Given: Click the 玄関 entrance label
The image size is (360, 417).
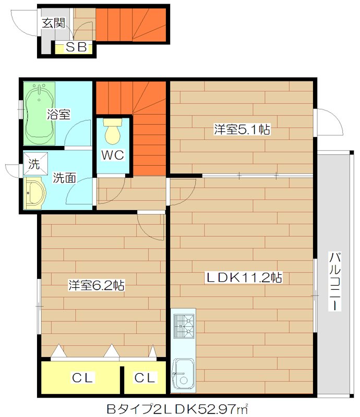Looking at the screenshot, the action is click(54, 23).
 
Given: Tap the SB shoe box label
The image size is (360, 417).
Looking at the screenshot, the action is click(76, 47).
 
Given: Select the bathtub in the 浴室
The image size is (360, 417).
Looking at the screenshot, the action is click(39, 114).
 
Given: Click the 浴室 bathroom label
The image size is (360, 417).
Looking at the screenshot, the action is click(58, 115).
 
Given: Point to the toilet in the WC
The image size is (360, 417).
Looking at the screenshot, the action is click(113, 131).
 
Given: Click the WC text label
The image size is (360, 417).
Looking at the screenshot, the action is click(113, 155).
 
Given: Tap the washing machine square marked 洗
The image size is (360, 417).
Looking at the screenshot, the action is click(35, 164).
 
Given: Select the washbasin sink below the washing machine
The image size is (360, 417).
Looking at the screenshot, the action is click(35, 193).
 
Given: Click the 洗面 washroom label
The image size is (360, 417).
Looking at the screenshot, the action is click(65, 178).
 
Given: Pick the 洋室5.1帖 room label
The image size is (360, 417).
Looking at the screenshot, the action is click(242, 129).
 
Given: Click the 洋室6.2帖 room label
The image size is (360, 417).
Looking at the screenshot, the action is click(97, 285).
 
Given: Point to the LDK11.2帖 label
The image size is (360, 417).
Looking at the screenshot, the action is click(244, 277).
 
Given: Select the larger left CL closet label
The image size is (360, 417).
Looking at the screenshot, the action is click(82, 377).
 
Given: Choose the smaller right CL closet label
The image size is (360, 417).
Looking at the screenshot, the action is click(145, 377).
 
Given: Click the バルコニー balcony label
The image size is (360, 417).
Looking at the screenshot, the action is click(335, 281).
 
